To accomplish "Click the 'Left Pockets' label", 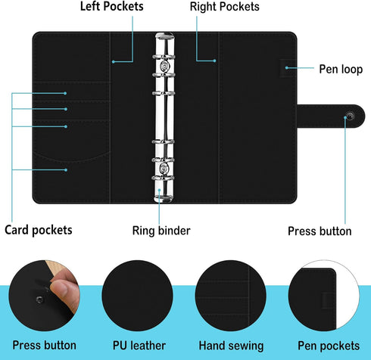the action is pos(111,6).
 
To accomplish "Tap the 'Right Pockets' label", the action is pos(225,7).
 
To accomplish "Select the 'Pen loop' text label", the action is pos(341,69).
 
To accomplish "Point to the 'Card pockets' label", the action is pos(39,230).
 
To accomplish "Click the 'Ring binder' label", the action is pos(161,231).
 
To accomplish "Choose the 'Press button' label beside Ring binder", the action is pos(320,231).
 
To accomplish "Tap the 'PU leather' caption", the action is pos(139,346).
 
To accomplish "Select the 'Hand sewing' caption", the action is pos(231,346).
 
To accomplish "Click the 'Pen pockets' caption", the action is pos(329,346).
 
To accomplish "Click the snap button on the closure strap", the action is pos(350,116).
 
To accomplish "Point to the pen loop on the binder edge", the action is pos(288,68).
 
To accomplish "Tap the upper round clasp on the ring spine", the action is pos(164,66).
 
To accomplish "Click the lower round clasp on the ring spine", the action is pos(164,168).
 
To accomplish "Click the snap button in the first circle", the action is pos(39,299).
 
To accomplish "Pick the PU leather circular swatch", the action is pos(138,296).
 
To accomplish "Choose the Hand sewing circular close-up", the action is pos(231,296).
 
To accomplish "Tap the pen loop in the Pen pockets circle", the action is pos(328,300).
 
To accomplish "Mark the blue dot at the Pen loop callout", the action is pos(287,68).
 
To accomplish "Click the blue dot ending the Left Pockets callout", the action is pos(114,62).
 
